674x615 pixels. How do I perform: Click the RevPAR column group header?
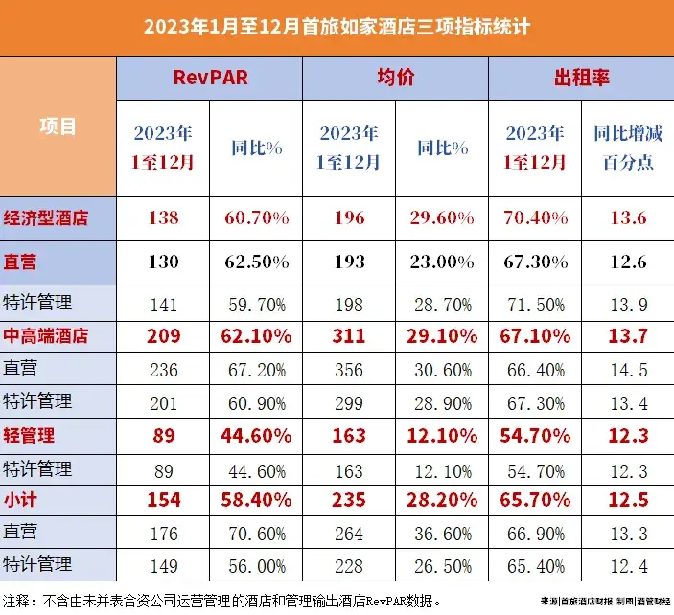point(210,78)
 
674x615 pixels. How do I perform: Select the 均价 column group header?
point(396,78)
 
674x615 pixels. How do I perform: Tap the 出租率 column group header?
point(582,78)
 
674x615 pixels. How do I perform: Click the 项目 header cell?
point(58,125)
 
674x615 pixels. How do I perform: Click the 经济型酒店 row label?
point(46,217)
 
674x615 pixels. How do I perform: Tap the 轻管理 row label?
point(30,434)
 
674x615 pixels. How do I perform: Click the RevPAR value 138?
point(164,217)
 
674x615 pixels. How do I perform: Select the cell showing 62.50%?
point(256,261)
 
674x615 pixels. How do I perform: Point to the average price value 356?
point(350,369)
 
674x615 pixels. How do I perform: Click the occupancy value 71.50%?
point(535,304)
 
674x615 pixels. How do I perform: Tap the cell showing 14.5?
point(628,369)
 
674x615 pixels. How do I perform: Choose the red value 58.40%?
point(256,499)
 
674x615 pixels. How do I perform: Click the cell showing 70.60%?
point(256,532)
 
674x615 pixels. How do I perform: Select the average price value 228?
point(350,564)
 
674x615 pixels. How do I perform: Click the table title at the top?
point(337,26)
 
